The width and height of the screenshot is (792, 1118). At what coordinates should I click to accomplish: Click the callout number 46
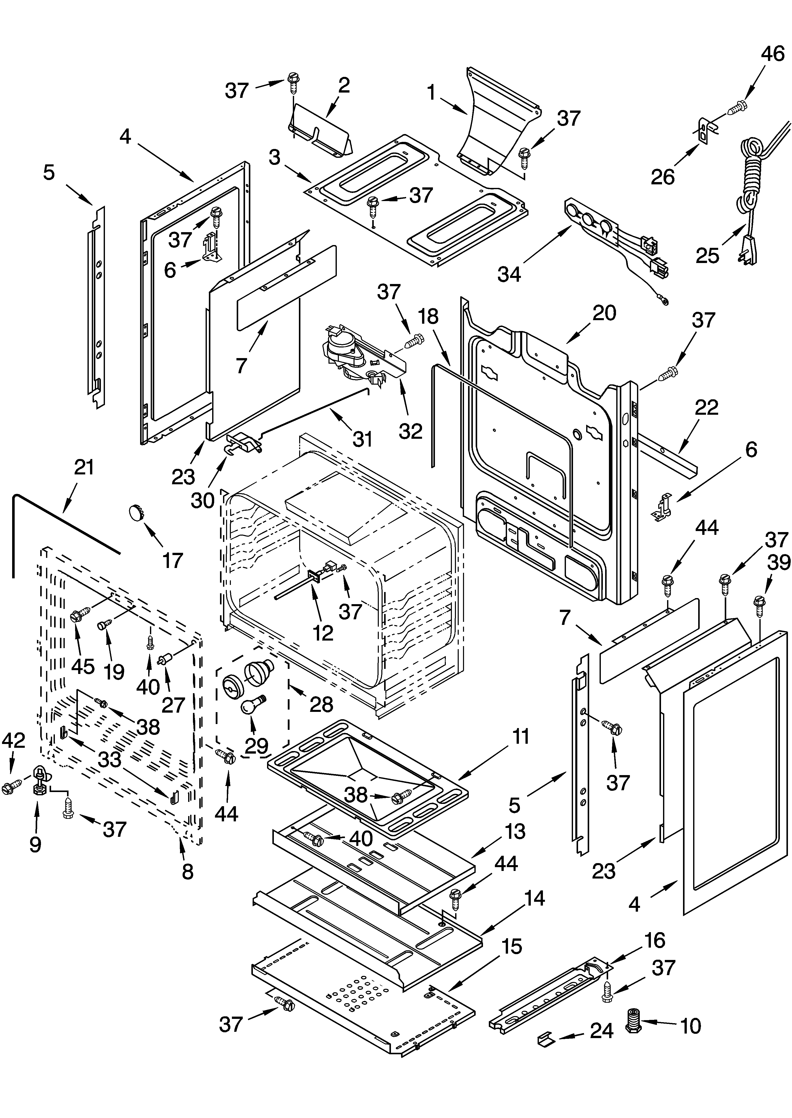click(x=773, y=54)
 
